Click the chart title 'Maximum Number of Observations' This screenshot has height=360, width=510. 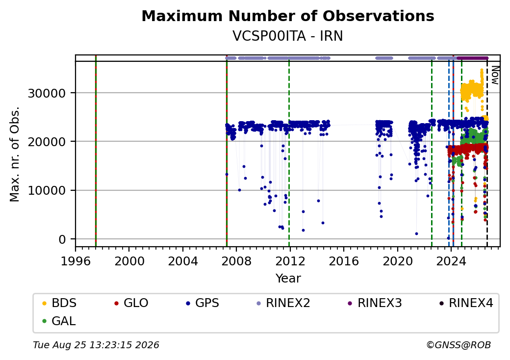(288, 16)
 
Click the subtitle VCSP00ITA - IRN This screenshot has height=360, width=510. (288, 36)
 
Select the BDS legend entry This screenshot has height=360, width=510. (59, 303)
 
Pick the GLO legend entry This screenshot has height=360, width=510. (131, 303)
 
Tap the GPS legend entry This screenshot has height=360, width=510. (203, 303)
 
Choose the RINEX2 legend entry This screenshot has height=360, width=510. (283, 303)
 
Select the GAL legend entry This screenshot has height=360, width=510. (59, 321)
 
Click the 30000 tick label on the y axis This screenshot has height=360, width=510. (47, 93)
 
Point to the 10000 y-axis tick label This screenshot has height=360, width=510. (47, 191)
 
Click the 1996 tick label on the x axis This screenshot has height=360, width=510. (76, 261)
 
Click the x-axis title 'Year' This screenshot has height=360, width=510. (288, 279)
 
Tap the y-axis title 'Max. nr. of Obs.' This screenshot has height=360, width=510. (15, 154)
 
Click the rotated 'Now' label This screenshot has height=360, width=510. (495, 75)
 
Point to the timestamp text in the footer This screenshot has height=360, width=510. (96, 345)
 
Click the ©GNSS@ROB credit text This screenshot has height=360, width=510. (459, 345)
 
